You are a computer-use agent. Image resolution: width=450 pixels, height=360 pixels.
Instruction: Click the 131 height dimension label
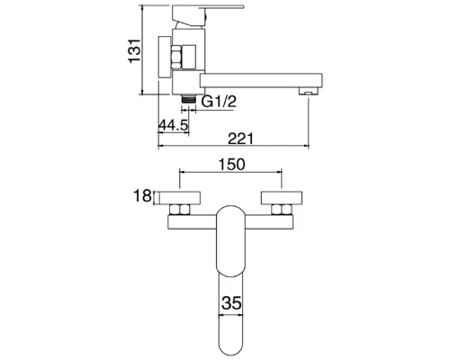[135, 50]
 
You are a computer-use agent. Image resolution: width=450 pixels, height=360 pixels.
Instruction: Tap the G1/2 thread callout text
[219, 102]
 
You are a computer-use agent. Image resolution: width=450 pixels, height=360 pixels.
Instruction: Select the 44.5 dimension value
[173, 125]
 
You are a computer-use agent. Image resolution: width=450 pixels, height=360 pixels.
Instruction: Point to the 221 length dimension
[240, 139]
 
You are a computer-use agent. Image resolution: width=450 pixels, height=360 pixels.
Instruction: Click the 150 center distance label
[231, 165]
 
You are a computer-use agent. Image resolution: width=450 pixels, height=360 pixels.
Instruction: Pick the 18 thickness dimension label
[142, 196]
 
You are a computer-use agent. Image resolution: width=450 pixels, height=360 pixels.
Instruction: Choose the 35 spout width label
[231, 303]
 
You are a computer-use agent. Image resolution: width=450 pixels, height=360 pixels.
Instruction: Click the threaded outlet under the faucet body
[188, 99]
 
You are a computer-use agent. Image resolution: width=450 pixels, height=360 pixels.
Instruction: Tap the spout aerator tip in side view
[308, 91]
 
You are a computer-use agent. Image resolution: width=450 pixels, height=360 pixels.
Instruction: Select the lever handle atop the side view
[207, 15]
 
